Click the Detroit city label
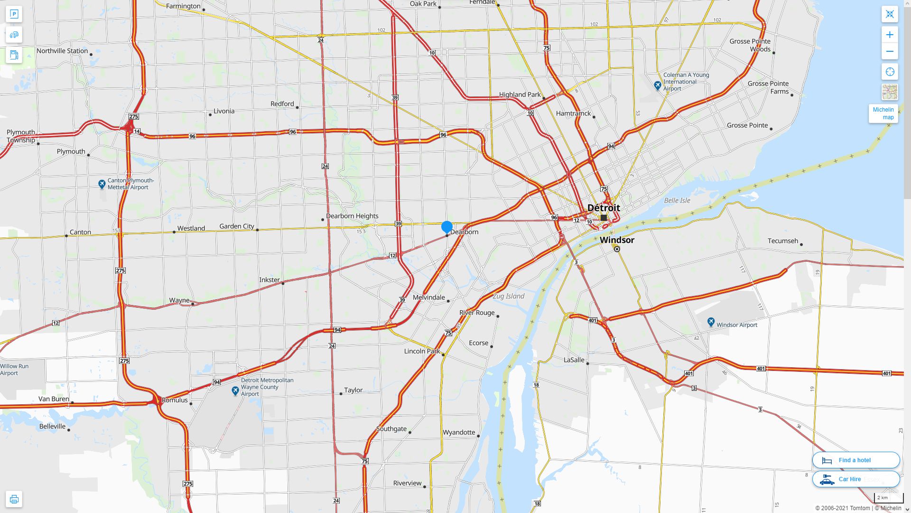click(604, 208)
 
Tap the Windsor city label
click(617, 240)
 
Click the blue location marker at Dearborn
click(447, 227)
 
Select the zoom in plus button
click(890, 35)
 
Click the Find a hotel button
click(855, 460)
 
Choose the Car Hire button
click(855, 479)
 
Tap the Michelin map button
click(883, 114)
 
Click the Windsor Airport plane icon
click(711, 322)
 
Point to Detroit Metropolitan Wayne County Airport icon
click(235, 390)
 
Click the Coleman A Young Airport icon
click(658, 85)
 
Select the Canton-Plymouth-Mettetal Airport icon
click(102, 183)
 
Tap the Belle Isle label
click(677, 200)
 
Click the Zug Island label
click(508, 296)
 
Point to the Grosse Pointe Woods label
click(750, 45)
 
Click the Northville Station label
click(62, 51)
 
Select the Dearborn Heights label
click(352, 216)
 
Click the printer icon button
click(14, 499)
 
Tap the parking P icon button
click(14, 14)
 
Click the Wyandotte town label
click(459, 432)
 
